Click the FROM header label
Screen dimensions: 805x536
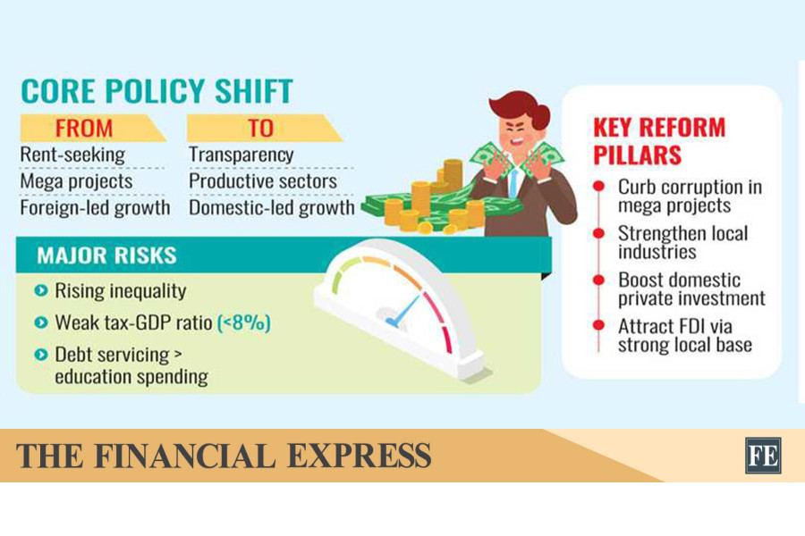coord(84,129)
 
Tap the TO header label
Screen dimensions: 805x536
coord(260,129)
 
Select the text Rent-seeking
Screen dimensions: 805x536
coord(72,155)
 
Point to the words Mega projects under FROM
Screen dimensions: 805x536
coord(76,181)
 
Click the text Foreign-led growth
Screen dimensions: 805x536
coord(95,208)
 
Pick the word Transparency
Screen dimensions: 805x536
coord(241,155)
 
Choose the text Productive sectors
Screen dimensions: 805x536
coord(263,181)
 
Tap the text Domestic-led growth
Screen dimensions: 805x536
coord(272,208)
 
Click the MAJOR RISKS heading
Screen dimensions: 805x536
coord(106,255)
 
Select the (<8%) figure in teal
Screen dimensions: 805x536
coord(244,323)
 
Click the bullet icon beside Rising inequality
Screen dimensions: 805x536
coord(40,291)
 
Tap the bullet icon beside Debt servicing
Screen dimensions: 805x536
coord(40,355)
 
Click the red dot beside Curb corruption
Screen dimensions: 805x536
coord(598,186)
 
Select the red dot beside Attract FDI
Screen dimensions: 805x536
coord(598,325)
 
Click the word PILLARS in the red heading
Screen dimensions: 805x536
coord(638,155)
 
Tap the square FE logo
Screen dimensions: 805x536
coord(764,456)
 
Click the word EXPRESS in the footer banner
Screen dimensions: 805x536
coord(360,456)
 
